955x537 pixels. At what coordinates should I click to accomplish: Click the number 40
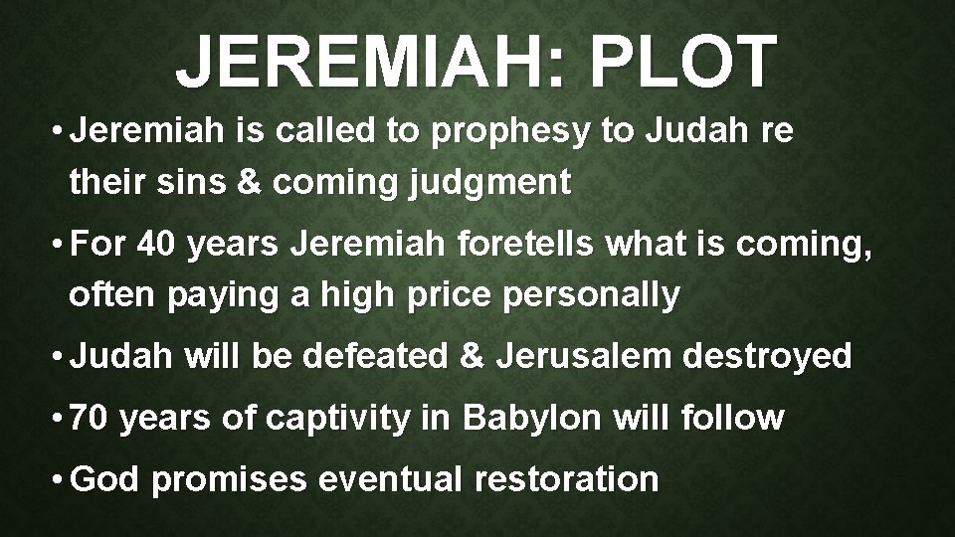pyautogui.click(x=160, y=245)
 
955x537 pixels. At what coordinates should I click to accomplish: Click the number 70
pyautogui.click(x=94, y=419)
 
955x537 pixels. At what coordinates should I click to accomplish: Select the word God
pyautogui.click(x=108, y=480)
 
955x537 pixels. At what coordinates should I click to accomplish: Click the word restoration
pyautogui.click(x=566, y=480)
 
